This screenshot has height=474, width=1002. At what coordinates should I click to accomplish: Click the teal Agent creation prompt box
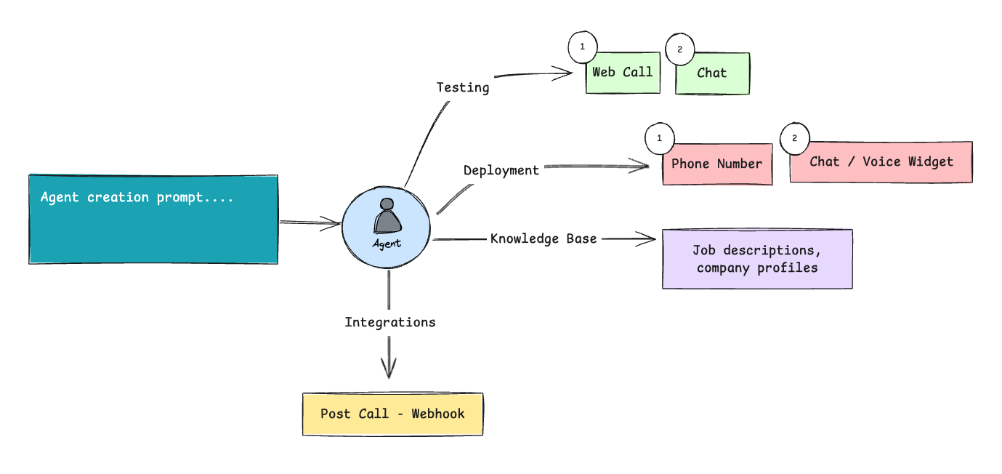tap(153, 220)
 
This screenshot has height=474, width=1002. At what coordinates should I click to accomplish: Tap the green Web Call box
tap(623, 73)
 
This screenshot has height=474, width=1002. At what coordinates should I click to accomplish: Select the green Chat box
tap(713, 73)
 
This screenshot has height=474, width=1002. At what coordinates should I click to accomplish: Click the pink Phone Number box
tap(717, 164)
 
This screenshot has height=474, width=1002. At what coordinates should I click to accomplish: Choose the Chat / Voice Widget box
tap(881, 162)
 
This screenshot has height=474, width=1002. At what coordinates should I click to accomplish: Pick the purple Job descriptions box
tap(757, 259)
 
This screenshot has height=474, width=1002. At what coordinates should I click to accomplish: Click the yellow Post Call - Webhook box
tap(393, 414)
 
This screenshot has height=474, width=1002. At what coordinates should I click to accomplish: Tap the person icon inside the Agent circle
tap(387, 216)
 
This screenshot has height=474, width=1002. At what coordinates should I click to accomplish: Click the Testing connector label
tap(463, 87)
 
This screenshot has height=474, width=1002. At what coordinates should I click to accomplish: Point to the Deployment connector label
tap(501, 171)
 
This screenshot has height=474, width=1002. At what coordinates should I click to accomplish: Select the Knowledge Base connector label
tap(544, 238)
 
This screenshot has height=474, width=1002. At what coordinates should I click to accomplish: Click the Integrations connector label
tap(390, 322)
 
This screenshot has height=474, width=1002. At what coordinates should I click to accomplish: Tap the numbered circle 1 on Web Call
tap(583, 47)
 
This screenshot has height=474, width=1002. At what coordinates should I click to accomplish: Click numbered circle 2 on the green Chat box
tap(680, 49)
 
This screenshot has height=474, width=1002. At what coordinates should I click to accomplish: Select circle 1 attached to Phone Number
tap(660, 138)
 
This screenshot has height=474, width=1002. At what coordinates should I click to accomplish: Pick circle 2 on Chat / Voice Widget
tap(795, 138)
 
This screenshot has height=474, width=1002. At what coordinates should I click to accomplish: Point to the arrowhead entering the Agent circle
tap(331, 224)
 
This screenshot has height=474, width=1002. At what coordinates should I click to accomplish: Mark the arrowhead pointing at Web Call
tap(562, 73)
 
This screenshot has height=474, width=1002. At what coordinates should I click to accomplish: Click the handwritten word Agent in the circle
tap(387, 244)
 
